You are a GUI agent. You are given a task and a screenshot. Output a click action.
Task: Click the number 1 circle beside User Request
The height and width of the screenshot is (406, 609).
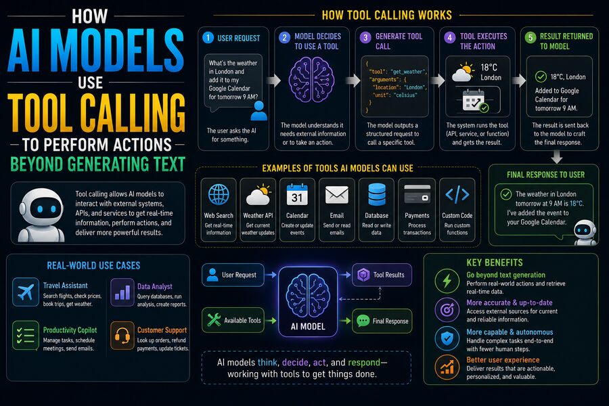coord(208,38)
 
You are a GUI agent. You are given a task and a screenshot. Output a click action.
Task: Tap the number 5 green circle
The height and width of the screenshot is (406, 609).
coord(531,38)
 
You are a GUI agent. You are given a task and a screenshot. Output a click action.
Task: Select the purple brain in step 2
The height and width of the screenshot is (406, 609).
coord(311,80)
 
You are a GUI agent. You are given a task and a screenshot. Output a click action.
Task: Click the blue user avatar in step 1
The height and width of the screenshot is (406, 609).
coord(258,111)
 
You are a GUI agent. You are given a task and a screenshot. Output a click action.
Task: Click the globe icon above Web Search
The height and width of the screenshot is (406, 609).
coord(219,194)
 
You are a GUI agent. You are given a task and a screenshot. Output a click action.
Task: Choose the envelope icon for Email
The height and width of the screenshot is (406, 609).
coord(336,195)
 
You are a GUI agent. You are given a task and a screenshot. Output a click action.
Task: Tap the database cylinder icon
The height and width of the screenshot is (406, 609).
coord(377,195)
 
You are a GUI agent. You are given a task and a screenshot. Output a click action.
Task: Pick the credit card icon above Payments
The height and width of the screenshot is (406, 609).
coord(417,194)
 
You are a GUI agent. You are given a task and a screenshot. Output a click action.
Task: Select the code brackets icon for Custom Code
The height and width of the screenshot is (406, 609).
coord(457,194)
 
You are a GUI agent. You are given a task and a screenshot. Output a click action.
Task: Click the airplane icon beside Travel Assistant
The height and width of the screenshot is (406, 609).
coord(26,292)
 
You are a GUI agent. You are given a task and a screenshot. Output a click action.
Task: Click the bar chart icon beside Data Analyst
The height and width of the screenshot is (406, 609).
coord(122,292)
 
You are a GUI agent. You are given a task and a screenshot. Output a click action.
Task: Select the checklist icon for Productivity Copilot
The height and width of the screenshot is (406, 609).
coord(26,336)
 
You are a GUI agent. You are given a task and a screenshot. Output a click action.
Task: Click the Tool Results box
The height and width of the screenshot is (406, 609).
coord(382,275)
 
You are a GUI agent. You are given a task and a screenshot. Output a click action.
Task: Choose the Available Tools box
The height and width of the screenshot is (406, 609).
coord(233,320)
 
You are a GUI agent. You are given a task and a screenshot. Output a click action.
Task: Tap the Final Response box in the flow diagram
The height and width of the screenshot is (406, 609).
coord(382,321)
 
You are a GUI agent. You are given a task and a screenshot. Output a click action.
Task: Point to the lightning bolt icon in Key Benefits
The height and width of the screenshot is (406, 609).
coord(447,281)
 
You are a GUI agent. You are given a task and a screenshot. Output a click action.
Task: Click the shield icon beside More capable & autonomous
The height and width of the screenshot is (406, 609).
coord(447,338)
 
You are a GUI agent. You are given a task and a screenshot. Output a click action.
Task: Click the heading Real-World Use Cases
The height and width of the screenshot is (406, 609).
coord(93,266)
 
